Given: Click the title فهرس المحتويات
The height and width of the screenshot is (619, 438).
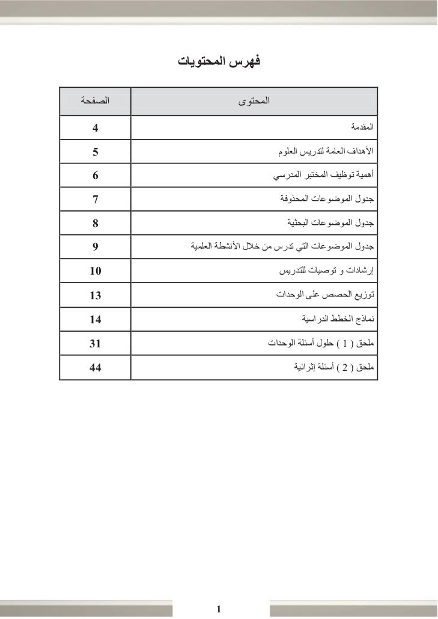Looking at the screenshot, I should pyautogui.click(x=220, y=61).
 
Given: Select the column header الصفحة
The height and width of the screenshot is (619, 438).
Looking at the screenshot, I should pyautogui.click(x=95, y=100).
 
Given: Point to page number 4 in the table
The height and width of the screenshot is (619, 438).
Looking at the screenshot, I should pyautogui.click(x=95, y=128).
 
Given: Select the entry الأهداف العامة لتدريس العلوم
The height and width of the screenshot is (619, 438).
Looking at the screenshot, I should pyautogui.click(x=326, y=151).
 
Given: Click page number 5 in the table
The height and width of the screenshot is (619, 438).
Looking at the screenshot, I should pyautogui.click(x=95, y=151).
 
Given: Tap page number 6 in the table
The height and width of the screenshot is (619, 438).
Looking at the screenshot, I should pyautogui.click(x=95, y=175).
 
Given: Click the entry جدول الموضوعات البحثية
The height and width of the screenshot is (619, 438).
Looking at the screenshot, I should pyautogui.click(x=331, y=223).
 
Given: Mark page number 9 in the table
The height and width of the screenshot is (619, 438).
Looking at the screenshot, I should pyautogui.click(x=95, y=247).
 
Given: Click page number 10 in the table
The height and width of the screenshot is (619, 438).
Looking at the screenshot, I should pyautogui.click(x=95, y=271).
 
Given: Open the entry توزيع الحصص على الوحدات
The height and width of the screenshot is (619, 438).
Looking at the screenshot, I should pyautogui.click(x=325, y=295).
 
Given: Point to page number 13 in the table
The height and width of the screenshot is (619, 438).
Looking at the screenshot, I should pyautogui.click(x=95, y=295).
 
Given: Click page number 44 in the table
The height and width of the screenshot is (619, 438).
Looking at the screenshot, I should pyautogui.click(x=95, y=367).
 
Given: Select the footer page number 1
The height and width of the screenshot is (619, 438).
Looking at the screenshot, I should pyautogui.click(x=219, y=609).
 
